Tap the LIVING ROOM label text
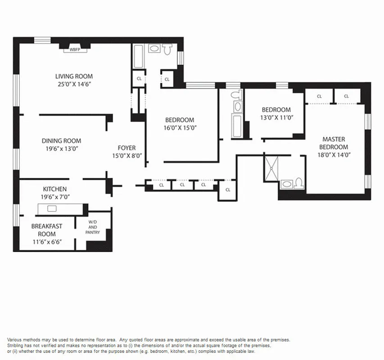tap(74, 76)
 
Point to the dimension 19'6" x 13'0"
tap(62, 149)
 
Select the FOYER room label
tap(126, 148)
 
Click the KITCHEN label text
tap(55, 189)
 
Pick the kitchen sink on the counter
tap(51, 208)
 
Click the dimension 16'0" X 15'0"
tap(180, 128)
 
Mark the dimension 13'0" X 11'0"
tap(276, 117)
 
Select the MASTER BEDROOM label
tap(334, 143)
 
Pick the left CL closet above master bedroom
tap(319, 96)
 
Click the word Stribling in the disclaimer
tap(16, 345)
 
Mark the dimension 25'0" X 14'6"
tap(74, 84)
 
